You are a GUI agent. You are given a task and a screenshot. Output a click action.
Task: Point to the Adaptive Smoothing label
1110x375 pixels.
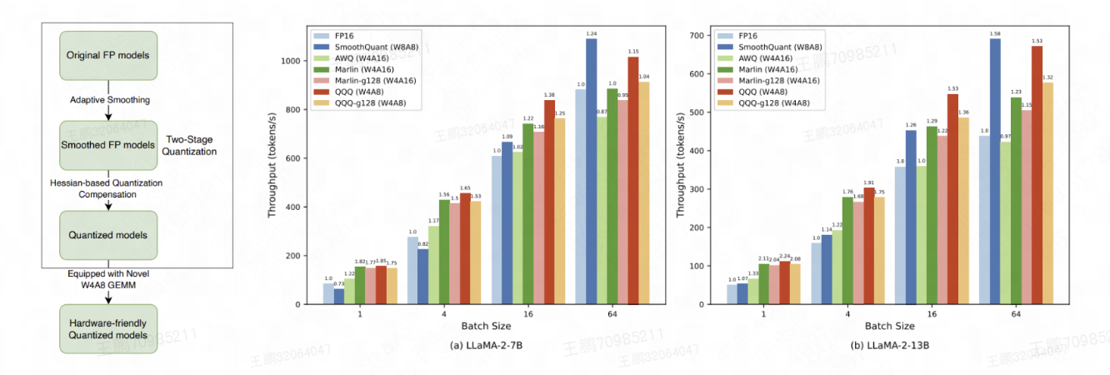point(111,100)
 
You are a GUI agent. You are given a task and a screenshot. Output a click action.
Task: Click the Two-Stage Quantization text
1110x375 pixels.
point(191,145)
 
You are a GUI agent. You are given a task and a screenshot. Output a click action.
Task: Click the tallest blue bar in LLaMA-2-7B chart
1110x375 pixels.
point(591,171)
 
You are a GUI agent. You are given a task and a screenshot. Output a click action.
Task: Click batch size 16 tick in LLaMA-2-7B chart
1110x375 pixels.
point(529,316)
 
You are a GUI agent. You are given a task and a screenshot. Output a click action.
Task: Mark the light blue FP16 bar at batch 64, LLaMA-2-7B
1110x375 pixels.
point(580,197)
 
